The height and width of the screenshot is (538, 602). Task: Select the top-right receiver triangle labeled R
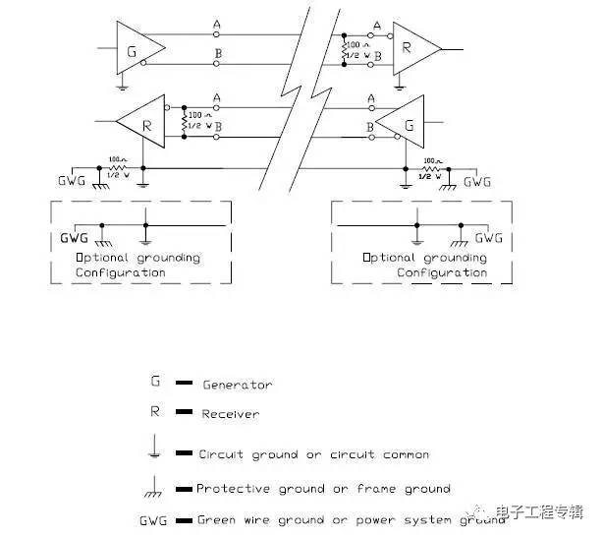click(x=415, y=46)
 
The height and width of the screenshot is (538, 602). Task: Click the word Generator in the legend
click(x=237, y=385)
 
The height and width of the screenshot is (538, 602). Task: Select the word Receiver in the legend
click(x=231, y=414)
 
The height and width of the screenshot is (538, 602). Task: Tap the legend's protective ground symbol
click(x=155, y=486)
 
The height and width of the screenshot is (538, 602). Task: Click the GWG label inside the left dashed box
click(x=75, y=238)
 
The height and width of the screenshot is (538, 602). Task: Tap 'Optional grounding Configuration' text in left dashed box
click(x=138, y=265)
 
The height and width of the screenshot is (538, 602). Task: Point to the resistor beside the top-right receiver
click(x=346, y=50)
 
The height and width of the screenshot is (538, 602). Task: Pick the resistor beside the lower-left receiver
click(x=186, y=123)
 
